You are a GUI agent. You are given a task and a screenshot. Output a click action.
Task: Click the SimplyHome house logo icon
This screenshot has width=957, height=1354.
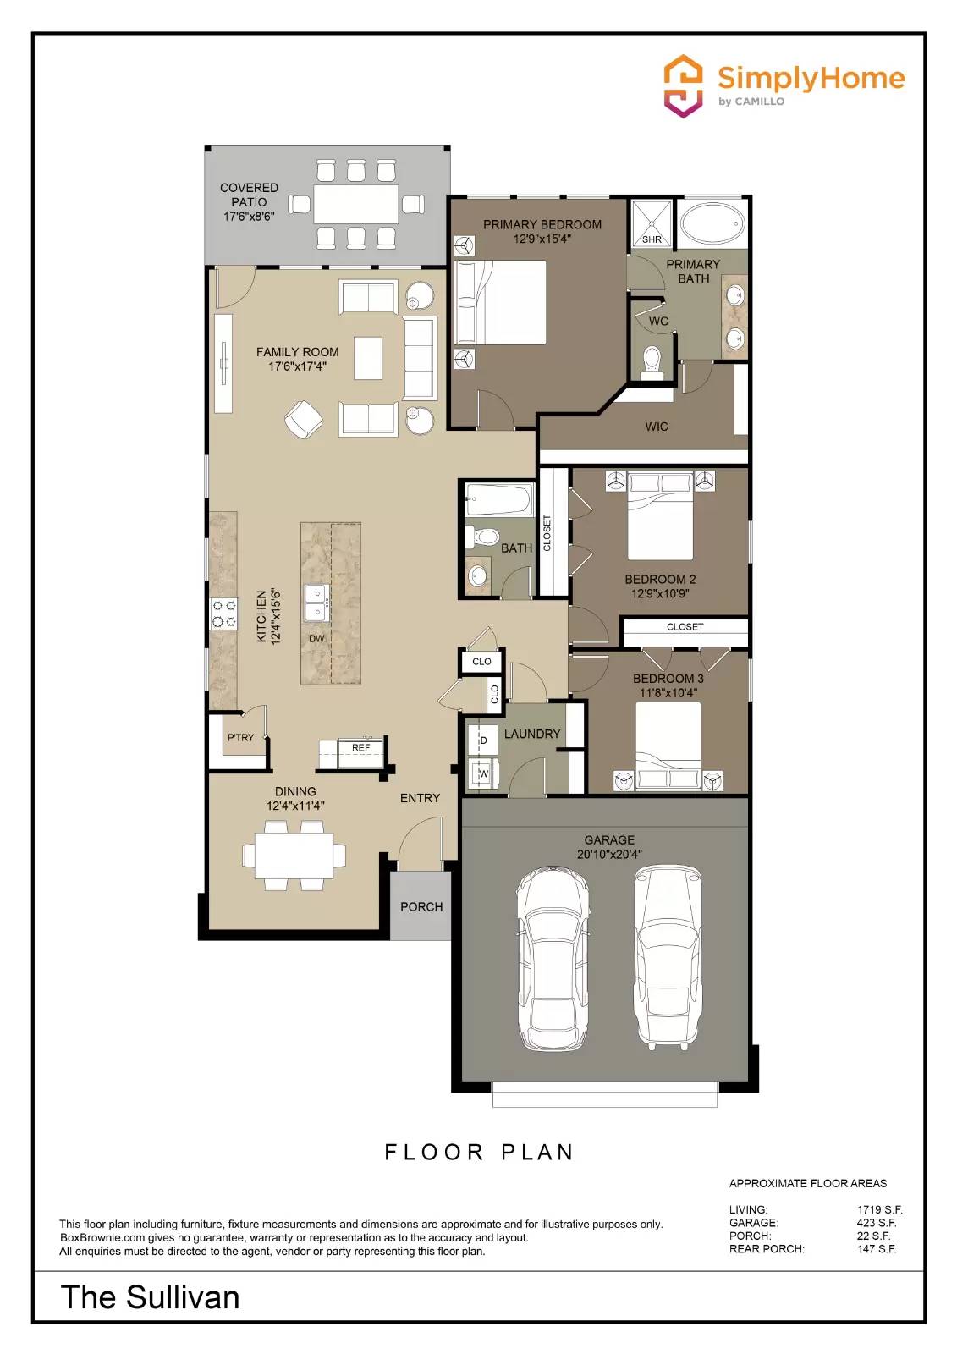tap(683, 85)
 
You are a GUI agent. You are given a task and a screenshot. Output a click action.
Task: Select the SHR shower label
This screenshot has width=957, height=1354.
tap(652, 239)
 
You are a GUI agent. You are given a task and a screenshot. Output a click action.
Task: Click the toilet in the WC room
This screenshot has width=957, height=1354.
tap(652, 360)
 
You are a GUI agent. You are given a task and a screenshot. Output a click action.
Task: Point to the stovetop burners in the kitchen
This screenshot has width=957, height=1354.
tap(224, 614)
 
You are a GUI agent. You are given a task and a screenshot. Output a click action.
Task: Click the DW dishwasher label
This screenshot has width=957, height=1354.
tap(316, 639)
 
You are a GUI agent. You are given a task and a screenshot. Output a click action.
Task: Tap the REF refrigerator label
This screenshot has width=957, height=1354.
tap(360, 748)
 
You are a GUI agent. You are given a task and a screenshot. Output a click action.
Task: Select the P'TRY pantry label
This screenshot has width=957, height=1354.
tap(240, 738)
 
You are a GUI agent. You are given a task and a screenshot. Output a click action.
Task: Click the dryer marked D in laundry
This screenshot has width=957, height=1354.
tap(483, 740)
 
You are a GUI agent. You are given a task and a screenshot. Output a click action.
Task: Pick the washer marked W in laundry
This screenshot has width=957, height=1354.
tap(483, 773)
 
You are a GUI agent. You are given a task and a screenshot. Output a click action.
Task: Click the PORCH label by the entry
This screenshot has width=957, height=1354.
tap(421, 907)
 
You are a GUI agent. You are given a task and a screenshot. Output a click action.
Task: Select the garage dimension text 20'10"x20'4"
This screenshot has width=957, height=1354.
tap(609, 855)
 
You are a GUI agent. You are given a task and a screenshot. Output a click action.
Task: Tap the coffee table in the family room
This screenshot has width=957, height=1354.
tap(368, 358)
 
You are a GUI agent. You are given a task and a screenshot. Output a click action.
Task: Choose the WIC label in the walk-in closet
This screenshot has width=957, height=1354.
tap(657, 427)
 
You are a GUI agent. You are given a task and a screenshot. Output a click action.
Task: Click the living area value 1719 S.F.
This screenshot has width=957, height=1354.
tap(879, 1210)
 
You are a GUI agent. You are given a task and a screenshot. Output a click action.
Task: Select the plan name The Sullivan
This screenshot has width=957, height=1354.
tap(151, 1297)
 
